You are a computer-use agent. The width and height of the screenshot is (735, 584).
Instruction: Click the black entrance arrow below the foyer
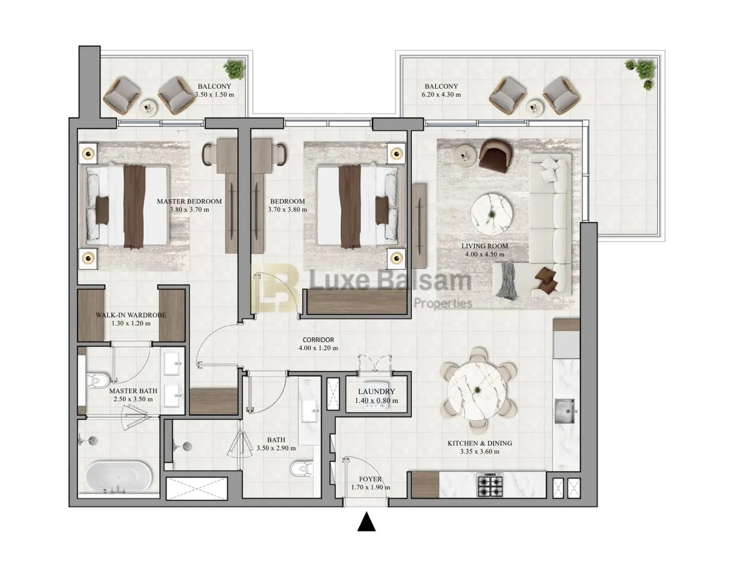(366, 522)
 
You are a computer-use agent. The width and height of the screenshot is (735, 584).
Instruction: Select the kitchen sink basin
(564, 411)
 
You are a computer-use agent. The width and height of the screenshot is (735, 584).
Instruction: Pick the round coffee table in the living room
(491, 214)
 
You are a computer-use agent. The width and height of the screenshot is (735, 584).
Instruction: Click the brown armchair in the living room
(496, 156)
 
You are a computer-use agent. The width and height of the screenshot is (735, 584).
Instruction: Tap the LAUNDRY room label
(376, 391)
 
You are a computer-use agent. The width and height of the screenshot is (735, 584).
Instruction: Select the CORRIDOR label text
(318, 340)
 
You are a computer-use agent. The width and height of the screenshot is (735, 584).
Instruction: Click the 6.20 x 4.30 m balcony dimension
(442, 95)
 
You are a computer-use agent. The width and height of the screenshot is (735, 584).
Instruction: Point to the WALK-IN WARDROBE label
(131, 315)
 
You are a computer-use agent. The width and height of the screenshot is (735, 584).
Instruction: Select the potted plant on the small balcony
(235, 69)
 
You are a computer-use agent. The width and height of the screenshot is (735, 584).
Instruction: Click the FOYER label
(370, 479)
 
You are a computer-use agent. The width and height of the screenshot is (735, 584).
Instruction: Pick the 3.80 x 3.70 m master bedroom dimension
(190, 209)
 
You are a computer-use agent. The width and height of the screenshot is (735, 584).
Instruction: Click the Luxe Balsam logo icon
(276, 288)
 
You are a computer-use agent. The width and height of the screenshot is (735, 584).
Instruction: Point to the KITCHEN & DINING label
(479, 443)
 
